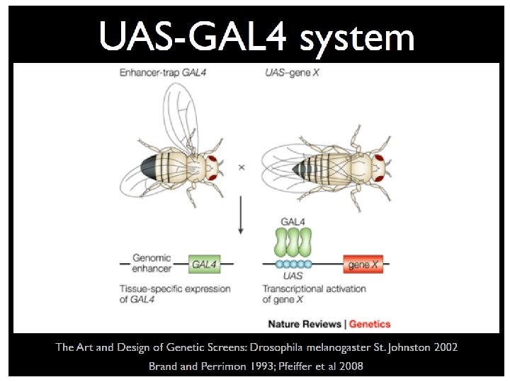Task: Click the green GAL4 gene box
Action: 204,265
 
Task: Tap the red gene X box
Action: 363,265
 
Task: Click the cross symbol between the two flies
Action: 242,167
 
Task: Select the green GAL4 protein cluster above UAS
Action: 293,243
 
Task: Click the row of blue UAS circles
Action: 292,266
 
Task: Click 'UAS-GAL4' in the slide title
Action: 194,36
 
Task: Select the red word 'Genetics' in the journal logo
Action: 370,324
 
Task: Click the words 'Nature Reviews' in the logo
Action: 305,324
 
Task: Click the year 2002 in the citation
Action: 443,347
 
